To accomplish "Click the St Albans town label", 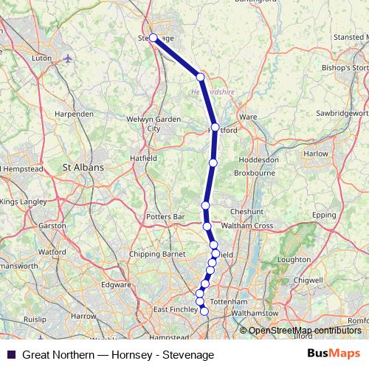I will pos(85,168).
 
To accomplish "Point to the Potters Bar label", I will pos(166,218).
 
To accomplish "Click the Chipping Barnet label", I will pos(156,255).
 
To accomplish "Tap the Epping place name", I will pos(323,214).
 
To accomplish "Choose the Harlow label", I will pos(316,154).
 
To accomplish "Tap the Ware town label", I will pos(248,117).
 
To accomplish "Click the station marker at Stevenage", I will pos(153,38).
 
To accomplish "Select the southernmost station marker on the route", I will pos(204,311).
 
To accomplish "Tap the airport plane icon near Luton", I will pos(69,58).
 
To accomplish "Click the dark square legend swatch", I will pos(11,354).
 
